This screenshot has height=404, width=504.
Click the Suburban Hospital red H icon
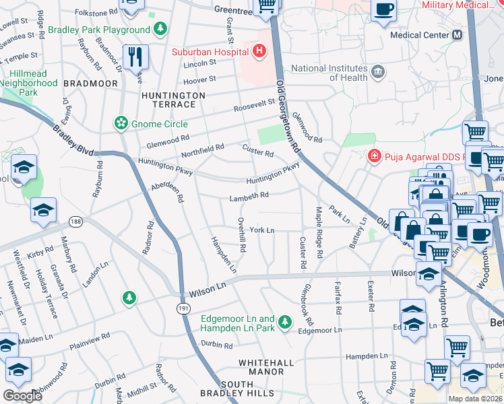pyautogui.click(x=258, y=51)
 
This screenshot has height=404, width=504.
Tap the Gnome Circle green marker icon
pyautogui.click(x=121, y=123)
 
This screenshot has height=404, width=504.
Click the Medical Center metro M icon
pyautogui.click(x=458, y=35)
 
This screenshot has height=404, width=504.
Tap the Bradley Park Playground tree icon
pyautogui.click(x=160, y=30)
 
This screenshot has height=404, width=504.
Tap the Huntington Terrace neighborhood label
pyautogui.click(x=173, y=101)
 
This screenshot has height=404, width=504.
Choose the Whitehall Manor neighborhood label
pyautogui.click(x=266, y=367)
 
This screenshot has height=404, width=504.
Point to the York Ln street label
pyautogui.click(x=262, y=230)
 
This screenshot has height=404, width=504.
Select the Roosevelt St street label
pyautogui.click(x=255, y=106)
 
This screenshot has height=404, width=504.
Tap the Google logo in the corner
pyautogui.click(x=23, y=396)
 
